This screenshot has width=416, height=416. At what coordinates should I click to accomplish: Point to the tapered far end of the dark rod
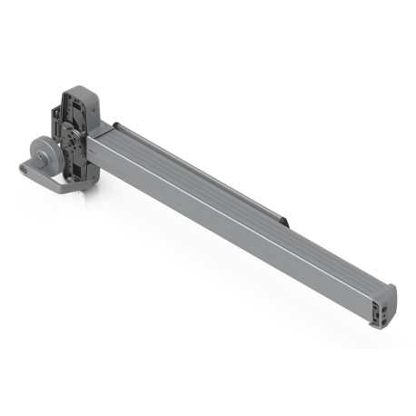pos(286,221)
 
